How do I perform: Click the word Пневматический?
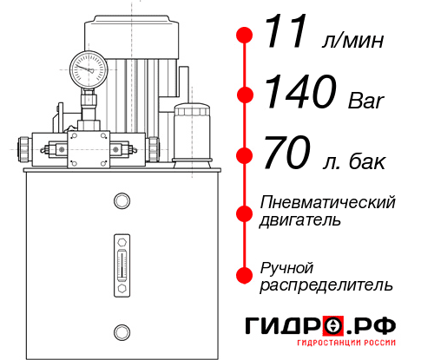click(x=328, y=202)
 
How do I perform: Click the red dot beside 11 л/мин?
click(x=245, y=36)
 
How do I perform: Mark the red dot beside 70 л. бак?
click(x=245, y=155)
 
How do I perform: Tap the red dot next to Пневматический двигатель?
click(x=245, y=211)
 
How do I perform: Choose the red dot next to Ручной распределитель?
click(x=245, y=275)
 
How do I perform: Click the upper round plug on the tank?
click(x=121, y=201)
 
